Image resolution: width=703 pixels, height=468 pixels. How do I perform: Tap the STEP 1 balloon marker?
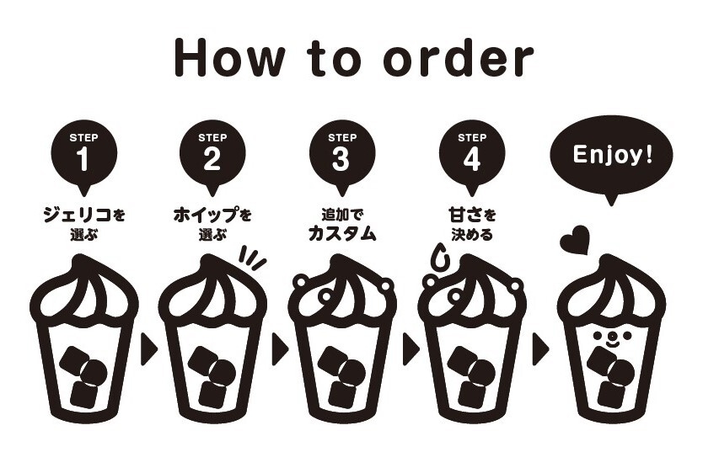click(x=83, y=152)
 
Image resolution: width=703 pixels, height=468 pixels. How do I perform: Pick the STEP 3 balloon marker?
click(x=341, y=152)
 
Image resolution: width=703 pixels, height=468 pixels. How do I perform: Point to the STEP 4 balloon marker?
click(x=471, y=152)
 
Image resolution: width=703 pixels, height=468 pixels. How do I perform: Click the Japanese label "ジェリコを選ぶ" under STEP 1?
click(x=83, y=224)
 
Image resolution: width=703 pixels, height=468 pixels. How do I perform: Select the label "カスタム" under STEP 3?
click(x=341, y=235)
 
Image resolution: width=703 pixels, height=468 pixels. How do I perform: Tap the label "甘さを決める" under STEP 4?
click(x=471, y=224)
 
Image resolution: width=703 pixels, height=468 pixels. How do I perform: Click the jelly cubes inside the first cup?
click(x=84, y=378)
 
